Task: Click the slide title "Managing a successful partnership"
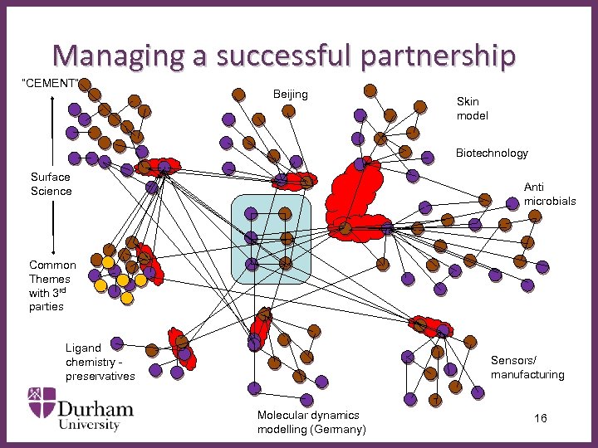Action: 284,55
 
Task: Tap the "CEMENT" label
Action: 51,83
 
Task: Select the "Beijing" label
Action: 290,94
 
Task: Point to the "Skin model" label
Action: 473,108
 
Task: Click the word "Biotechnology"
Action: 492,153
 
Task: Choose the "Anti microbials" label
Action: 549,194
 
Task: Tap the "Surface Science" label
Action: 51,183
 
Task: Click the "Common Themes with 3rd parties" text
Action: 51,285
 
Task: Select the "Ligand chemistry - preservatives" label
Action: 99,362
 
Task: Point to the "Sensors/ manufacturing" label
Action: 527,367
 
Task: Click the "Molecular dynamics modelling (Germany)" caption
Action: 311,421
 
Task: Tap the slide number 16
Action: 540,418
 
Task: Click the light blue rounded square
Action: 270,239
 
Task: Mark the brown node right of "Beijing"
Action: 370,90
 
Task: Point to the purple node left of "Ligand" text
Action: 119,342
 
